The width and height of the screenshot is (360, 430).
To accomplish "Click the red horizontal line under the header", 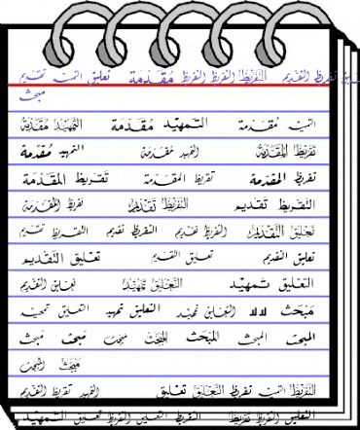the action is [175, 86].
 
